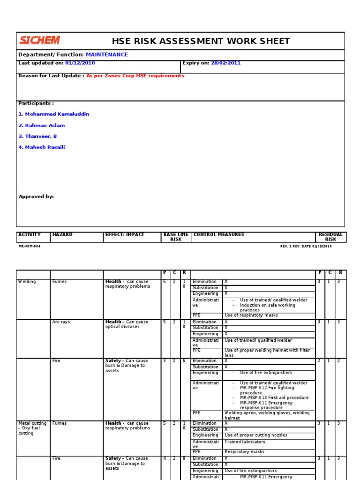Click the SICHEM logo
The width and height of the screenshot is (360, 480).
pos(40,40)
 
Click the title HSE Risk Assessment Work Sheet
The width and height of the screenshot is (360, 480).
pos(201,41)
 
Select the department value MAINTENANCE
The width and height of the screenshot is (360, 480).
pos(106,55)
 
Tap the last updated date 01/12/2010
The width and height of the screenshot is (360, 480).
pos(80,63)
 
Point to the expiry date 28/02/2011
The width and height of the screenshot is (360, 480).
pos(225,63)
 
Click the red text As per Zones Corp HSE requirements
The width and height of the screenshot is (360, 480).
pos(135,76)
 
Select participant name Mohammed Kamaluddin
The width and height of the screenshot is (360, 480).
pos(53,114)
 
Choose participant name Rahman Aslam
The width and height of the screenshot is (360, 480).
pos(41,126)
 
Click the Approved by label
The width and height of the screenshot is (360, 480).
pos(36,197)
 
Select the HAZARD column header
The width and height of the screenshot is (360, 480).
pos(62,235)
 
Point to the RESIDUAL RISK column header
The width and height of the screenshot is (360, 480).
pos(330,237)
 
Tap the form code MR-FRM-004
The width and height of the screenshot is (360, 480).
pos(30,246)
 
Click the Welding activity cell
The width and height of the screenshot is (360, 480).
pos(27,282)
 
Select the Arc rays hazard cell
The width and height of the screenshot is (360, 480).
pos(61,322)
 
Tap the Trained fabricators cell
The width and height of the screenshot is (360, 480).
pos(245,442)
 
